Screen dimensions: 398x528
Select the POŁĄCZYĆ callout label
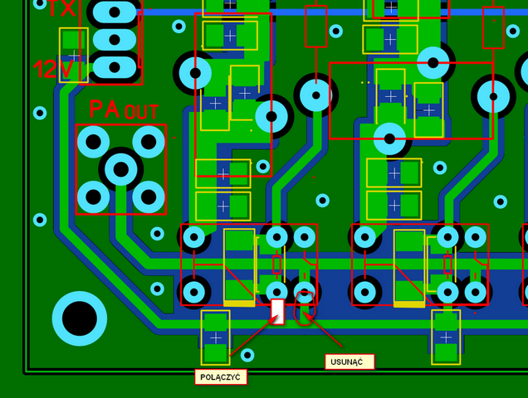[x=221, y=376]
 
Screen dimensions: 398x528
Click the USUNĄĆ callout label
[x=349, y=362]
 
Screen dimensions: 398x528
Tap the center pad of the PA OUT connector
[x=121, y=169]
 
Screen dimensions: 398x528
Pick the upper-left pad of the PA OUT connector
[x=93, y=142]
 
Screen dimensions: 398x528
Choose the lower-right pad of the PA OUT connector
[x=149, y=197]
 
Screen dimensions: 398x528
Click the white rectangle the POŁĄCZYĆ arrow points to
[x=278, y=311]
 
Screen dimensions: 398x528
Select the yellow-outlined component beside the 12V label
[x=73, y=55]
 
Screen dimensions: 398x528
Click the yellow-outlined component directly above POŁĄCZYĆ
[x=216, y=337]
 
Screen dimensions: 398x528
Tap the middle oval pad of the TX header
[x=114, y=39]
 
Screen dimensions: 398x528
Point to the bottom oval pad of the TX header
[x=114, y=66]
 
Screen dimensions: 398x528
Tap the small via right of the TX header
[x=178, y=26]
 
